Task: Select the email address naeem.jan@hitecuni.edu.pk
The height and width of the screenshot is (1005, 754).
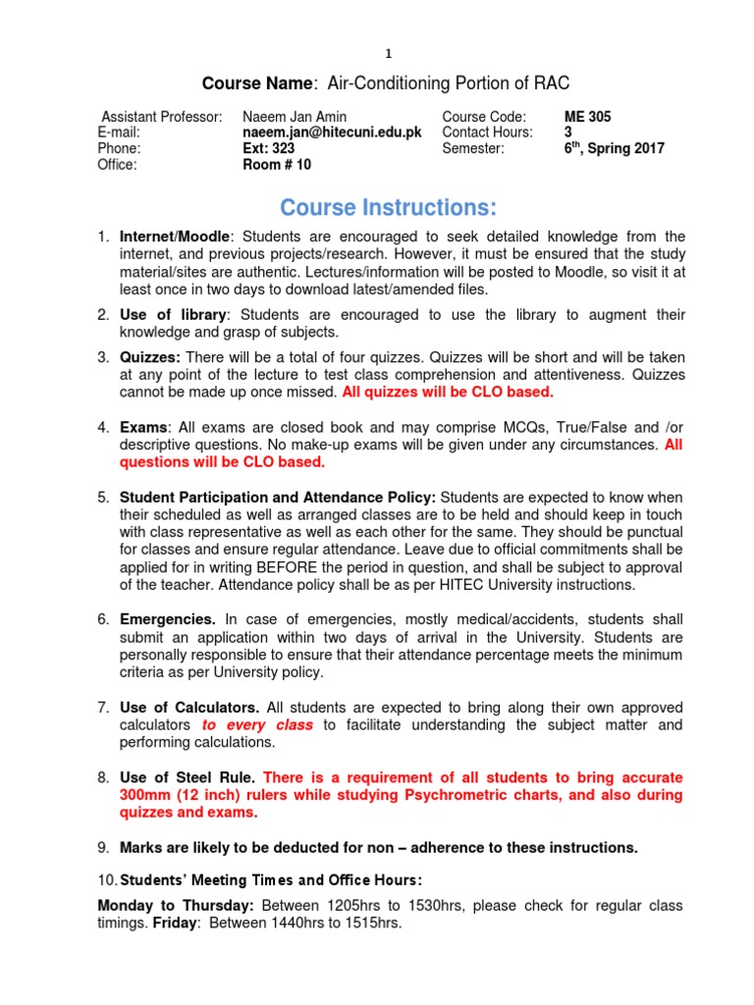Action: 332,132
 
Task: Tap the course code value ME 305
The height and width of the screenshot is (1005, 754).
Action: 587,117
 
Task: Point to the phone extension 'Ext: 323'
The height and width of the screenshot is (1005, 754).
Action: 269,148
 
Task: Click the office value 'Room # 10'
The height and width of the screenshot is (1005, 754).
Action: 277,165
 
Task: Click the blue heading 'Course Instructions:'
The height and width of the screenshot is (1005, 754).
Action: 388,208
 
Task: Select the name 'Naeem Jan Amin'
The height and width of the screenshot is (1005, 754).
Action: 294,117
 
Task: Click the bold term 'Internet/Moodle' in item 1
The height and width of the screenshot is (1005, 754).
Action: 176,237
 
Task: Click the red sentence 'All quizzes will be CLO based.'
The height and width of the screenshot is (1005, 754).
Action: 448,393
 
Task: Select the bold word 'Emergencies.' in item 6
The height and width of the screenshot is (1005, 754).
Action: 168,619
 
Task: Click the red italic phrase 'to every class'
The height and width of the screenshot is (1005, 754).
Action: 257,724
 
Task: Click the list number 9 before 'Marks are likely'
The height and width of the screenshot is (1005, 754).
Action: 102,847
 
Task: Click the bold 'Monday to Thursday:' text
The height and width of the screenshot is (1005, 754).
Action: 174,905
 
